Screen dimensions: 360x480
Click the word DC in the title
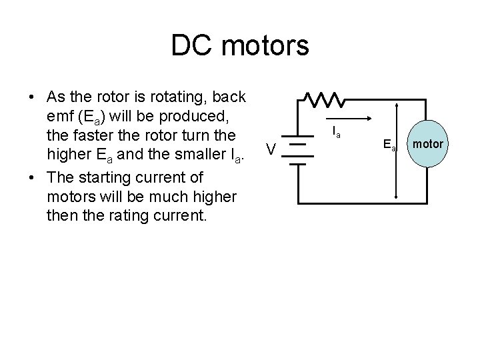click(189, 46)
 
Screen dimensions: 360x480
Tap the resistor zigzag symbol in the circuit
click(323, 99)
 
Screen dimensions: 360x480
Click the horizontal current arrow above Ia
click(346, 121)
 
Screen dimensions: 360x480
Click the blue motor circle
click(426, 144)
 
